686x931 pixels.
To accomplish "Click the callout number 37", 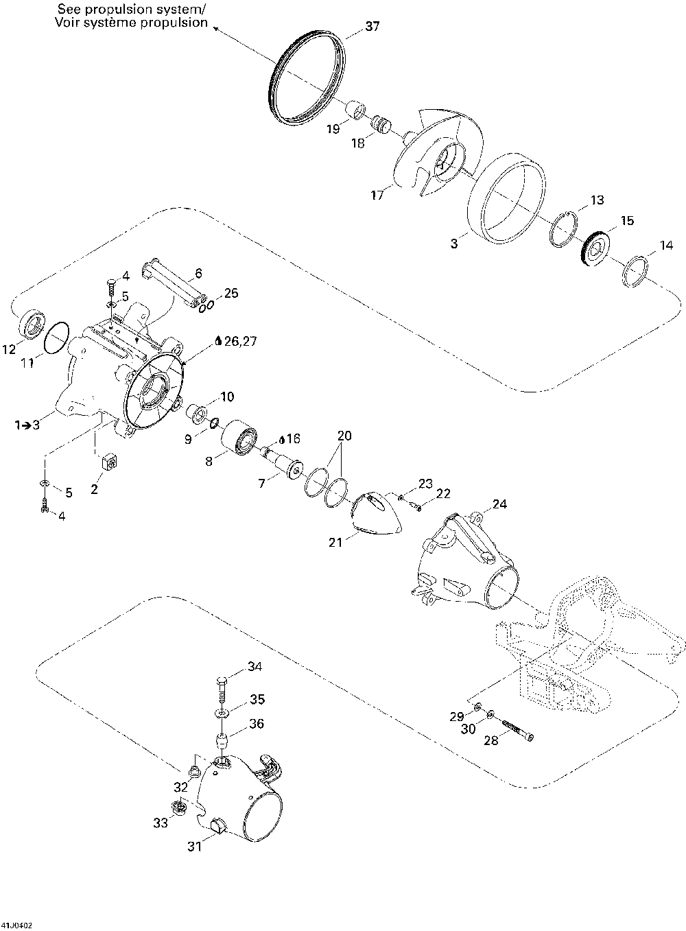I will pyautogui.click(x=372, y=27).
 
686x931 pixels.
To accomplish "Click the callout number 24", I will pyautogui.click(x=499, y=504).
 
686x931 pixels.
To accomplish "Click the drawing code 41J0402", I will pyautogui.click(x=16, y=924).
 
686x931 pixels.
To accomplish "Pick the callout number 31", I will pyautogui.click(x=196, y=847).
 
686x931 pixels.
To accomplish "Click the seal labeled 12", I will pyautogui.click(x=32, y=323).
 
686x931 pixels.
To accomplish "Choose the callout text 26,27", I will pyautogui.click(x=241, y=340).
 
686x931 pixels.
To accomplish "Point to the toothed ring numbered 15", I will pyautogui.click(x=591, y=248).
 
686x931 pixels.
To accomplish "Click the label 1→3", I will pyautogui.click(x=27, y=425).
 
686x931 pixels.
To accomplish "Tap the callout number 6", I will pyautogui.click(x=198, y=273).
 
